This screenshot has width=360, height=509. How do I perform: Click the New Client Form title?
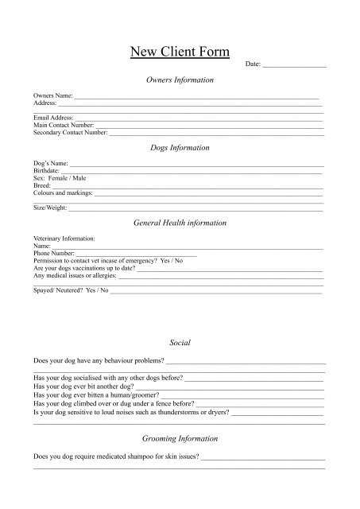(x=180, y=53)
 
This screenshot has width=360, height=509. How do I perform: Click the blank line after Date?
(x=294, y=64)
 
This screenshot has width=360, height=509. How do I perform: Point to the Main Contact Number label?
(x=63, y=125)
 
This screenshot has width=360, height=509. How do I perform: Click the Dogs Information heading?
(x=180, y=148)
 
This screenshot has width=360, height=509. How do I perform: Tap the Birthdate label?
(x=46, y=171)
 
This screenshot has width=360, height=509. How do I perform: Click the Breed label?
(x=42, y=185)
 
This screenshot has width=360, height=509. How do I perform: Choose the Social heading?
(x=180, y=342)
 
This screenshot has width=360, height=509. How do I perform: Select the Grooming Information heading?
(x=180, y=439)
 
